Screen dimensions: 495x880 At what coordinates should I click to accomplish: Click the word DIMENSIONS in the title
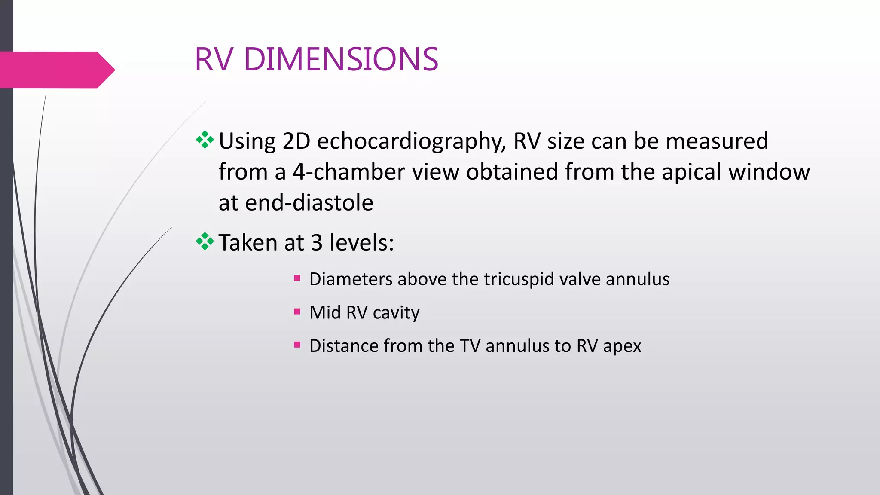pyautogui.click(x=341, y=59)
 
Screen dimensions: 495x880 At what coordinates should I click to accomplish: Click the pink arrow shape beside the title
pyautogui.click(x=56, y=70)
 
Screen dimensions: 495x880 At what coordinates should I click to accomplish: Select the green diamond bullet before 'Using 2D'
pyautogui.click(x=205, y=140)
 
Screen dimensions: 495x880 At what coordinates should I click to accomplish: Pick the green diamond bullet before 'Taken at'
pyautogui.click(x=205, y=241)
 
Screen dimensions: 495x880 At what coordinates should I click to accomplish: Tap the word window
pyautogui.click(x=769, y=172)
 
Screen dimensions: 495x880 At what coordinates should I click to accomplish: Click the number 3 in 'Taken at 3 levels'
pyautogui.click(x=317, y=243)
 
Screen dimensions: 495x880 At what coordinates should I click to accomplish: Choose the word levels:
pyautogui.click(x=361, y=243)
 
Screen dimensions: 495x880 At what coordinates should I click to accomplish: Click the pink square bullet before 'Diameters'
pyautogui.click(x=297, y=278)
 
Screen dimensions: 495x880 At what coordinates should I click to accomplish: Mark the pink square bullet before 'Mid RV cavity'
pyautogui.click(x=297, y=312)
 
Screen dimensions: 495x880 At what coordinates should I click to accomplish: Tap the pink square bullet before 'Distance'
pyautogui.click(x=297, y=345)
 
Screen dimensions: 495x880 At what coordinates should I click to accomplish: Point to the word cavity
pyautogui.click(x=396, y=313)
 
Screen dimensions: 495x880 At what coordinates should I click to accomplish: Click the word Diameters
pyautogui.click(x=350, y=279)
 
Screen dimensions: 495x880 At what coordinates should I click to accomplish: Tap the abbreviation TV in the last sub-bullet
pyautogui.click(x=470, y=346)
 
